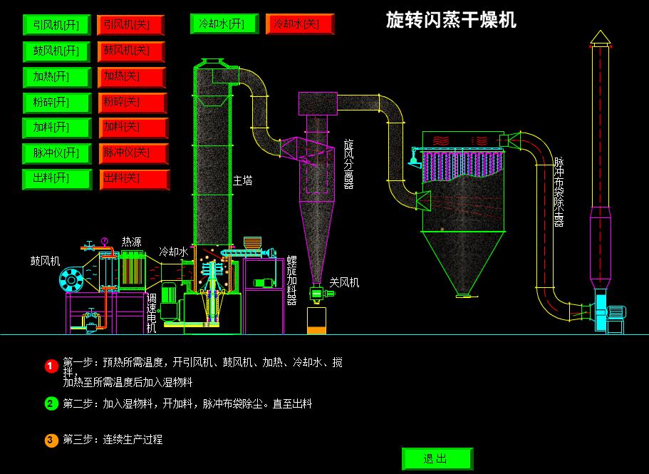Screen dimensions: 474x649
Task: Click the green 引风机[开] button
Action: coord(57,25)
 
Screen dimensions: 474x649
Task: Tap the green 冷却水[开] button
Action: coord(223,24)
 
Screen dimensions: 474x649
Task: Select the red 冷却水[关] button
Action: coord(297,24)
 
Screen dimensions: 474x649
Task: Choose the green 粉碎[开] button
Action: coord(57,102)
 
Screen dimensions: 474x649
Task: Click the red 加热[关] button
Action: coord(132,76)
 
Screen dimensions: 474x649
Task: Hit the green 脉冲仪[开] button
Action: coord(57,153)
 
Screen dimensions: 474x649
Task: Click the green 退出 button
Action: coord(437,458)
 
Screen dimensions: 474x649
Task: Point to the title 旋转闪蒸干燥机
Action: coord(451,19)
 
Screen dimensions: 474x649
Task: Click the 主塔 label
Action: coord(242,181)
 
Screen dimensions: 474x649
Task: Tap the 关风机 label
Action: coord(344,282)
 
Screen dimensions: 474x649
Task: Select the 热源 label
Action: coord(131,242)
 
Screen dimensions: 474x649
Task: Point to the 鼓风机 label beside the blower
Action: coord(45,260)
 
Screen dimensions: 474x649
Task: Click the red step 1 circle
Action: coord(51,366)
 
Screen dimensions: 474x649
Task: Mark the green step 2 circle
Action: coord(51,403)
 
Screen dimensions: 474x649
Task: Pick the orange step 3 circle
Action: coord(51,440)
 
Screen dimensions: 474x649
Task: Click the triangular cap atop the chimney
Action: coord(601,37)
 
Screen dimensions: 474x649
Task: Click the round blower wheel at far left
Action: coord(71,280)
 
